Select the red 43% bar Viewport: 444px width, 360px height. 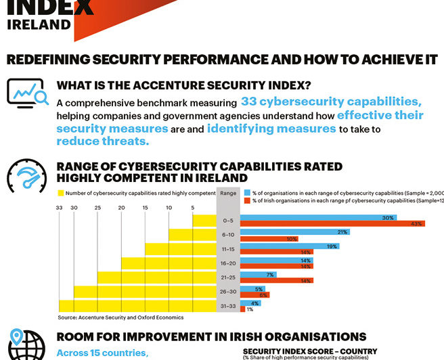(332, 224)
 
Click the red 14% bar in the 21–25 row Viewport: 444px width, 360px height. (276, 281)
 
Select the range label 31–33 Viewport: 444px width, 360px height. (228, 306)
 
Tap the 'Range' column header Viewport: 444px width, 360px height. (229, 193)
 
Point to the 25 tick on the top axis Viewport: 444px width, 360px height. (98, 208)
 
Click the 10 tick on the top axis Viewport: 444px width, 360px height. (169, 208)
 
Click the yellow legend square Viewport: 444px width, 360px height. (60, 194)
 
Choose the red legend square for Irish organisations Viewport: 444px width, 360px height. (247, 201)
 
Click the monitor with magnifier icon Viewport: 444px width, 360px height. (27, 93)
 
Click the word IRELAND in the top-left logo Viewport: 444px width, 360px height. (39, 24)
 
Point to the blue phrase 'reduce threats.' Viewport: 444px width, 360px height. (102, 141)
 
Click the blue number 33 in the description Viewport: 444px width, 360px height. (249, 103)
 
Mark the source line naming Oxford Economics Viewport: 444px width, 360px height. (120, 317)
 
